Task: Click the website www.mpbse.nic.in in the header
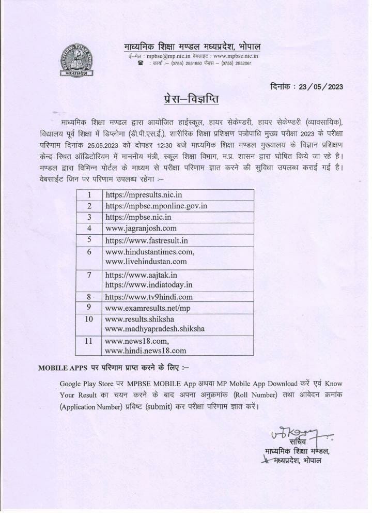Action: click(x=236, y=56)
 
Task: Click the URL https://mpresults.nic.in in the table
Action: click(x=143, y=195)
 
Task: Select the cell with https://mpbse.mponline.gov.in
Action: click(x=156, y=206)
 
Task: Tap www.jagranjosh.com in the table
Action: click(x=141, y=228)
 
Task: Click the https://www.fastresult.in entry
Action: click(x=146, y=240)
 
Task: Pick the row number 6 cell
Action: click(x=89, y=252)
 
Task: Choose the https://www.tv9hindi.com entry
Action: click(x=149, y=297)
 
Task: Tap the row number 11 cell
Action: click(x=89, y=341)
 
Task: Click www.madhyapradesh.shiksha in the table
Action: click(x=154, y=329)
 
